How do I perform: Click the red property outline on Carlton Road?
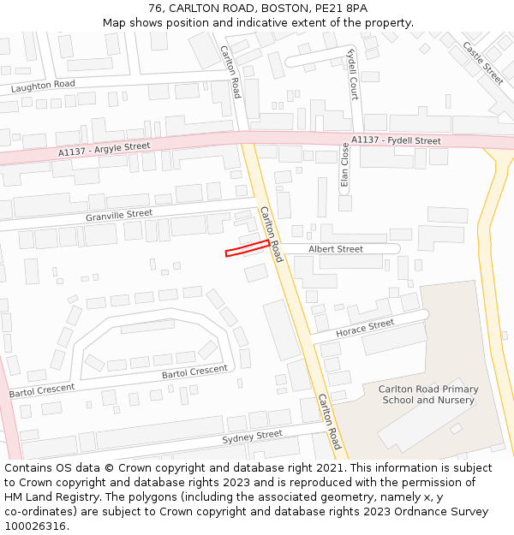248,248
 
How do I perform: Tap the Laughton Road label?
43,86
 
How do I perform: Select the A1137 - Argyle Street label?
105,150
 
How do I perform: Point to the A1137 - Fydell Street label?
396,140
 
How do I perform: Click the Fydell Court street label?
352,74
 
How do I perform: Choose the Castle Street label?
483,62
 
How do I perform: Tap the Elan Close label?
345,164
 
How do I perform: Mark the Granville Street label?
119,215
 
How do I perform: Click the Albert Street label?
336,249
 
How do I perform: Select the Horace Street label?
365,328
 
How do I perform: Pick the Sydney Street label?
252,437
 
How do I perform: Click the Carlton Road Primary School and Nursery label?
428,395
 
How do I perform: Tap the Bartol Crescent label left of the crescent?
42,389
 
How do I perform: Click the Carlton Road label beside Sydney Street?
330,421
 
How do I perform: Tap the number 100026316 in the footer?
35,526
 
